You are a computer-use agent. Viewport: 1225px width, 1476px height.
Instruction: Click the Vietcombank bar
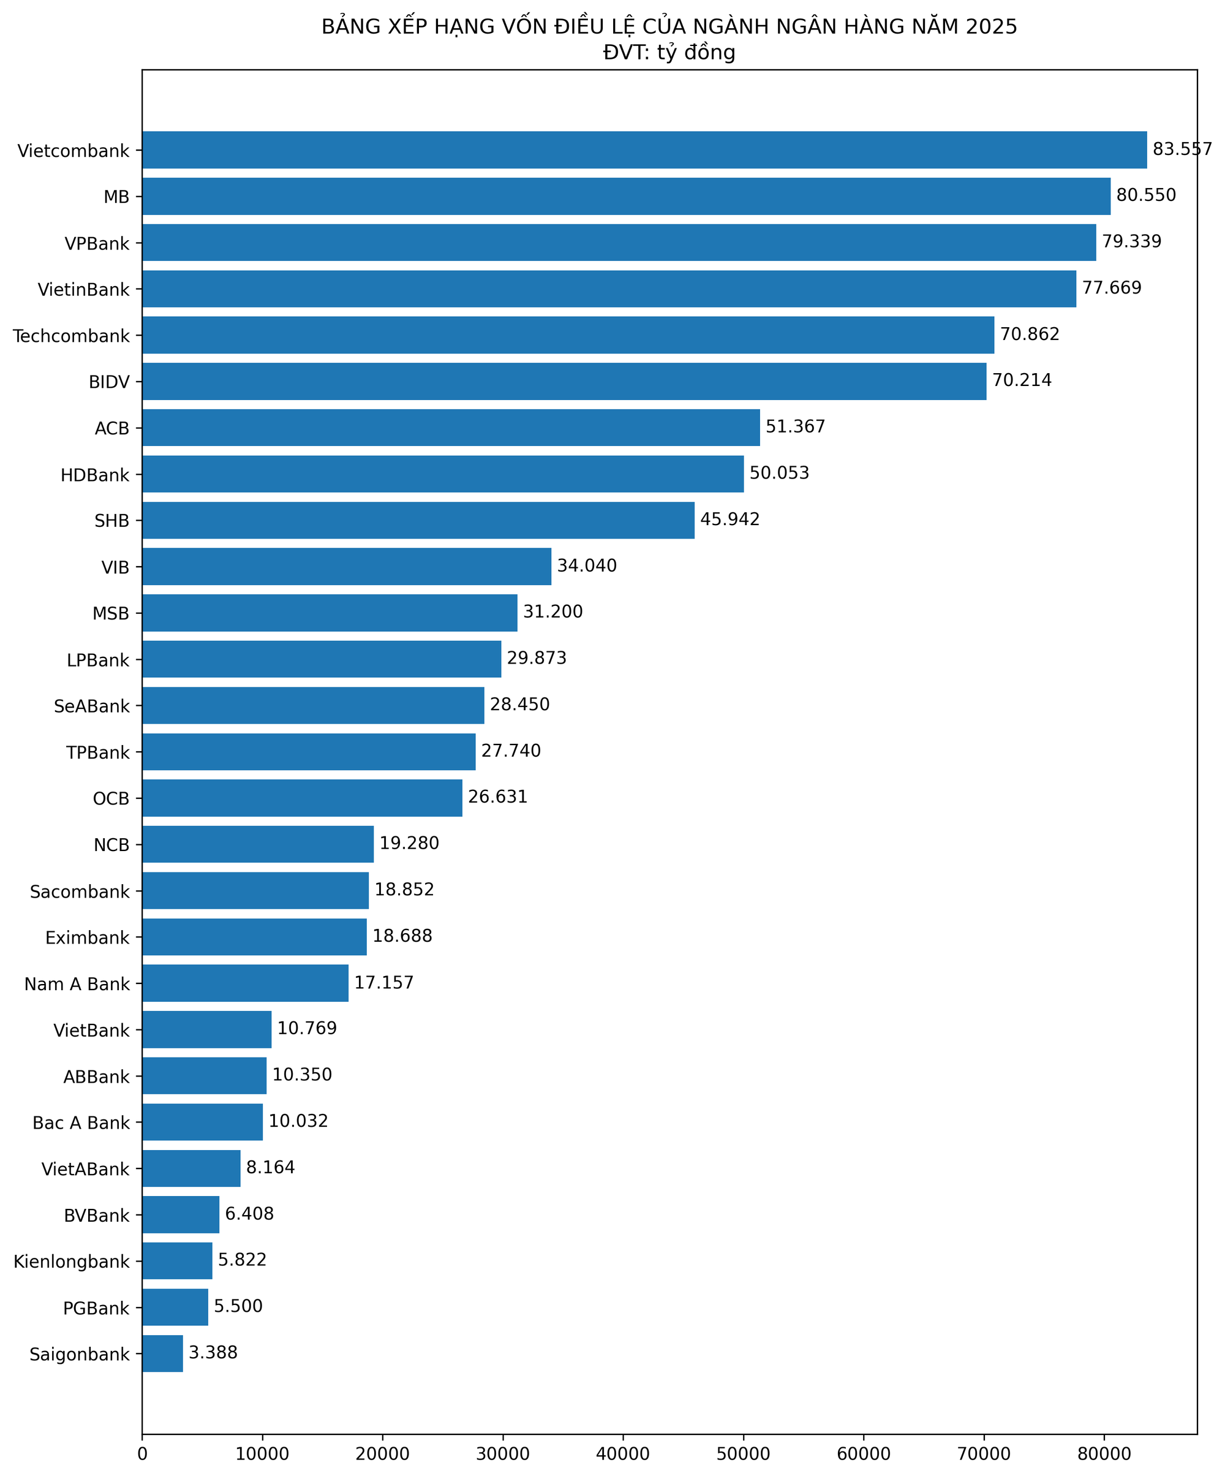644,149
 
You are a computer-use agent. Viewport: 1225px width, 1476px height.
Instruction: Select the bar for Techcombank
568,335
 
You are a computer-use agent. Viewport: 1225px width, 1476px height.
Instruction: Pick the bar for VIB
347,567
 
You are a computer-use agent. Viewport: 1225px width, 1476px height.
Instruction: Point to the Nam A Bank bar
245,983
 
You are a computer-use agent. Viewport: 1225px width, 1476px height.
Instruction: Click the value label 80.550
1145,195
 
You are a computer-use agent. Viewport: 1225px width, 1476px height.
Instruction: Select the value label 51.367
795,426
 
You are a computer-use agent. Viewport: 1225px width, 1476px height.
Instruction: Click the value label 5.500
238,1306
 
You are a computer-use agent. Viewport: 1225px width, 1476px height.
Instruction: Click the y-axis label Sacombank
80,892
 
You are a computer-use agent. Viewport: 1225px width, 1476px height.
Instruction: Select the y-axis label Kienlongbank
72,1262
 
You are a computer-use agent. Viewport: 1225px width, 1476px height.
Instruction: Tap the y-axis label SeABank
91,706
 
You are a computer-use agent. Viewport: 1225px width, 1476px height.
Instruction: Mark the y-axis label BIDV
109,382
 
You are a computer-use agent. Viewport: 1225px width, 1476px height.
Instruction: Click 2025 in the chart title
991,27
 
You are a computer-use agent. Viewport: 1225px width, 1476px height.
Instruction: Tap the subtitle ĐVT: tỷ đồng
669,53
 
